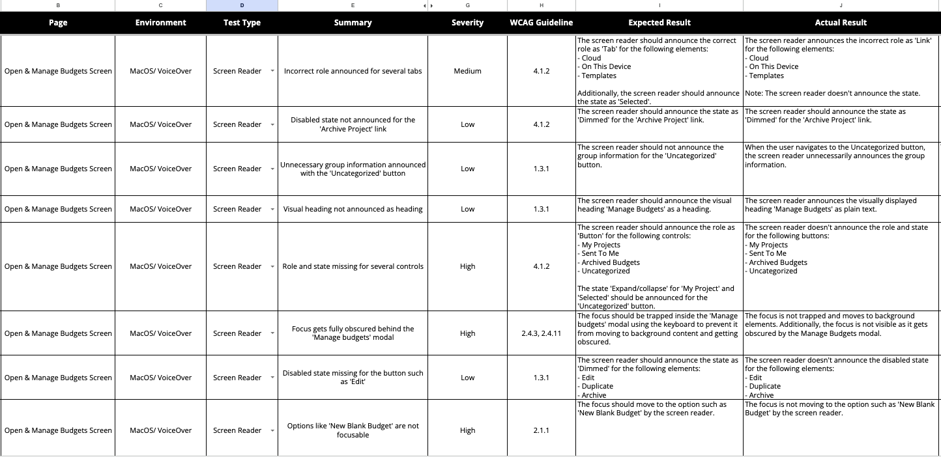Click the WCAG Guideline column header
click(541, 23)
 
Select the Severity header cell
click(467, 23)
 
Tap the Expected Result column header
click(659, 23)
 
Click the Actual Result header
click(841, 23)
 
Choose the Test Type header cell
click(242, 23)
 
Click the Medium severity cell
click(467, 71)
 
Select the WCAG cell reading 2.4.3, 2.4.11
click(541, 333)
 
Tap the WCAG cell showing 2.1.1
click(541, 430)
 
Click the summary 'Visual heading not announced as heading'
click(353, 209)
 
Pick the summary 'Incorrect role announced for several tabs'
click(353, 71)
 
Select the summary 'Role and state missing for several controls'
click(353, 266)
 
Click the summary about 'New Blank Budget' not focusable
click(353, 430)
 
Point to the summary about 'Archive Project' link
click(353, 124)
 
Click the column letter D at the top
click(242, 5)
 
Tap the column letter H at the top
click(541, 5)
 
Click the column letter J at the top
click(841, 5)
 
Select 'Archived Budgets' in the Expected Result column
click(611, 262)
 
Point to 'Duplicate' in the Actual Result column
click(764, 386)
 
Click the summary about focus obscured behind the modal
click(353, 333)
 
